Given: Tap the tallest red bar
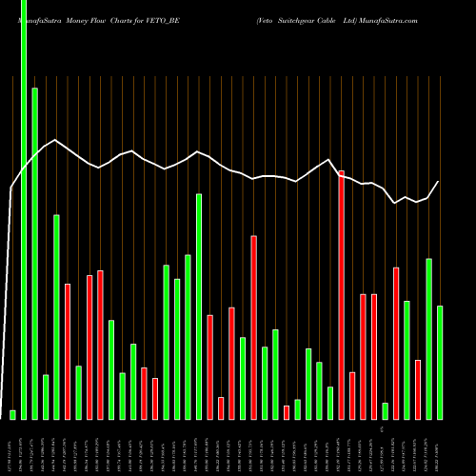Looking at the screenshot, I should tap(341, 294).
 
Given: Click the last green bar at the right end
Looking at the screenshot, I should tap(439, 362).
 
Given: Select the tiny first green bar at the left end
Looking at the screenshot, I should tap(13, 414).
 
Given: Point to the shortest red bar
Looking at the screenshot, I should tap(286, 412).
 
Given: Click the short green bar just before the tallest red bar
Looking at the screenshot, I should tap(330, 403).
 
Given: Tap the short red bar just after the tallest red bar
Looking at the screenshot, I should tap(352, 395).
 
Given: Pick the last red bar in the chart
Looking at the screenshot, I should tap(417, 389).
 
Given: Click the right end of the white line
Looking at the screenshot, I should tap(439, 181).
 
